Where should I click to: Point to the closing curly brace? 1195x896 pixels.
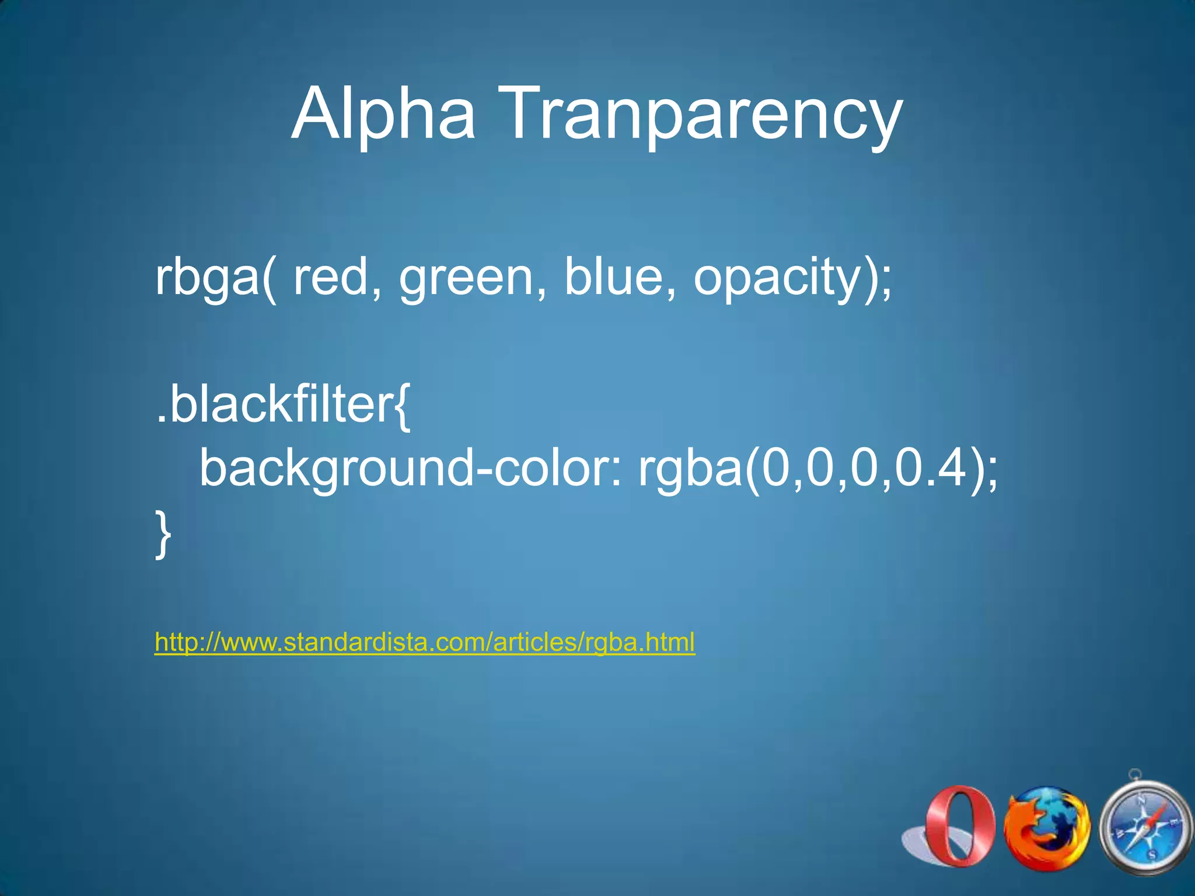[x=163, y=534]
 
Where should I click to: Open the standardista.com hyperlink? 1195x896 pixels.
[x=425, y=642]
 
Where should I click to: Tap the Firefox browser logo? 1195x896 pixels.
[x=1047, y=827]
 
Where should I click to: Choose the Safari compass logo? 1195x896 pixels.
[x=1144, y=828]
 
